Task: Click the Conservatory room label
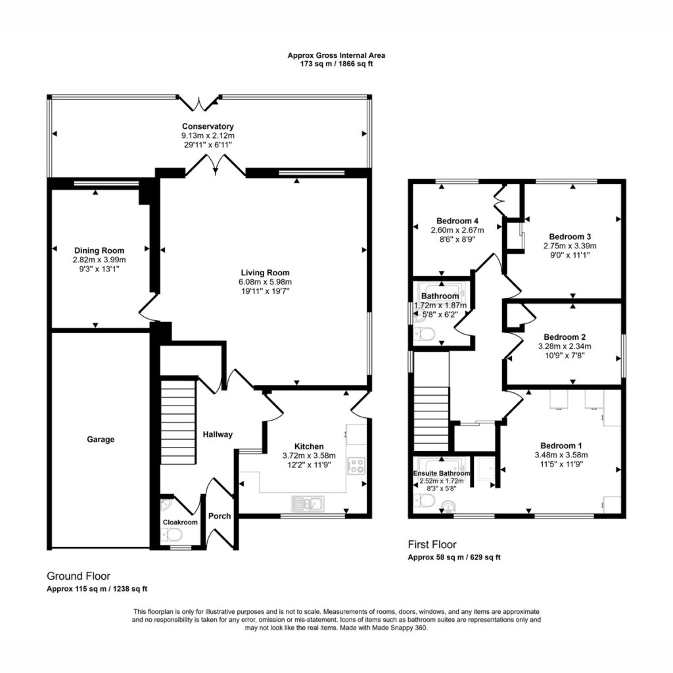(x=208, y=126)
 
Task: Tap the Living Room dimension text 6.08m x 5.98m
(x=266, y=282)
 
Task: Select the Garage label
(x=101, y=440)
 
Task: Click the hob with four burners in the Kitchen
(x=356, y=466)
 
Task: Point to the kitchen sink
(x=308, y=504)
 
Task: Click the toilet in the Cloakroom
(x=172, y=535)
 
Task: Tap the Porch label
(x=220, y=516)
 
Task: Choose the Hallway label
(x=218, y=434)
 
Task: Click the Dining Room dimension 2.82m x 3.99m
(x=99, y=260)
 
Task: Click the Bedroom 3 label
(x=570, y=237)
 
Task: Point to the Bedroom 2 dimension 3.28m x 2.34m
(x=565, y=346)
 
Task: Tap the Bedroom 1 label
(x=561, y=446)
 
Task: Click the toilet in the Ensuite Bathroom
(x=425, y=500)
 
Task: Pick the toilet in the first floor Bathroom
(x=425, y=334)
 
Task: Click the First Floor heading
(x=432, y=545)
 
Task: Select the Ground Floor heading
(x=79, y=576)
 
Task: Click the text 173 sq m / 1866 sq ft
(x=336, y=64)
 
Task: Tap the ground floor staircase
(x=178, y=421)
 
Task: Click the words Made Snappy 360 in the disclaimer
(x=406, y=628)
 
